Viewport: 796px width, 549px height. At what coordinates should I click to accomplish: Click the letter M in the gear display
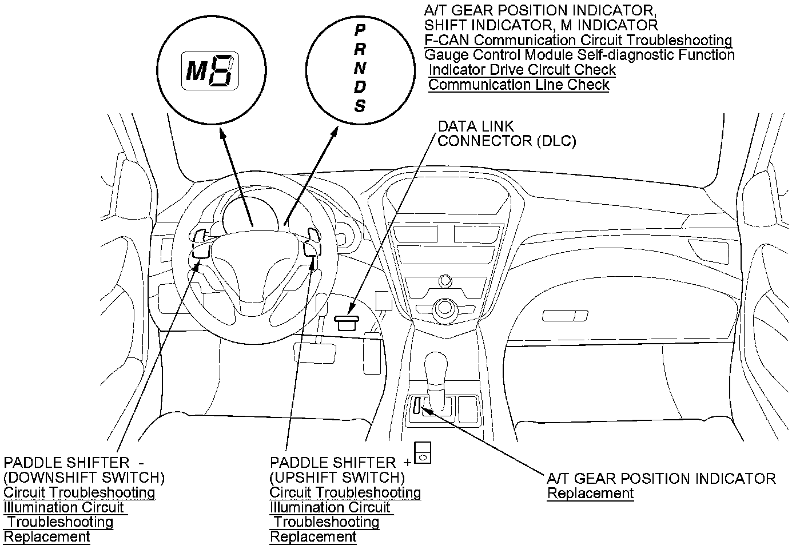pyautogui.click(x=197, y=71)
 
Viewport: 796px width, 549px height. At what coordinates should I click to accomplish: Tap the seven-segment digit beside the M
pyautogui.click(x=222, y=70)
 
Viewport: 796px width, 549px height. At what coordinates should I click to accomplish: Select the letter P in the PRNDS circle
pyautogui.click(x=360, y=30)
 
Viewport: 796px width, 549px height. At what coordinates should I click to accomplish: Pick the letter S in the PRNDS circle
pyautogui.click(x=360, y=106)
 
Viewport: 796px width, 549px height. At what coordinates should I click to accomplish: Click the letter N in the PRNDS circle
pyautogui.click(x=360, y=68)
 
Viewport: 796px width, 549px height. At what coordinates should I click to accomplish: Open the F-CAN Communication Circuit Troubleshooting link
pyautogui.click(x=578, y=40)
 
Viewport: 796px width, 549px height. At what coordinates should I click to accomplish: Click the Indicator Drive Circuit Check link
pyautogui.click(x=522, y=70)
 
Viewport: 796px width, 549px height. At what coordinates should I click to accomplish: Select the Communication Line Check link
pyautogui.click(x=519, y=85)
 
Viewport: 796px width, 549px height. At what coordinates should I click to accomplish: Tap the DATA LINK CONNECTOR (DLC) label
pyautogui.click(x=507, y=134)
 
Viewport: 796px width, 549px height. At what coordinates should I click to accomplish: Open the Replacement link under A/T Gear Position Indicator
pyautogui.click(x=590, y=493)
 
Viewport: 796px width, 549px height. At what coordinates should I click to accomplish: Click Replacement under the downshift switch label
pyautogui.click(x=46, y=536)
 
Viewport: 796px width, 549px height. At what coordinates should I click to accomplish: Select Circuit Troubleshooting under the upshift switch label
pyautogui.click(x=345, y=492)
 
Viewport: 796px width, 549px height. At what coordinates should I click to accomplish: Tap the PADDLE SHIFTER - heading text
pyautogui.click(x=74, y=463)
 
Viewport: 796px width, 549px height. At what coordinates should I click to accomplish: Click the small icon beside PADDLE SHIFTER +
pyautogui.click(x=423, y=453)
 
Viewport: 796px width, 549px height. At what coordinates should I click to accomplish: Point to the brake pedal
pyautogui.click(x=315, y=353)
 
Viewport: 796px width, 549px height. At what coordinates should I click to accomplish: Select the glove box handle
pyautogui.click(x=565, y=316)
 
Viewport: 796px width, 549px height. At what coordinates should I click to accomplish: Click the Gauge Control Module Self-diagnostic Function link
pyautogui.click(x=579, y=55)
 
